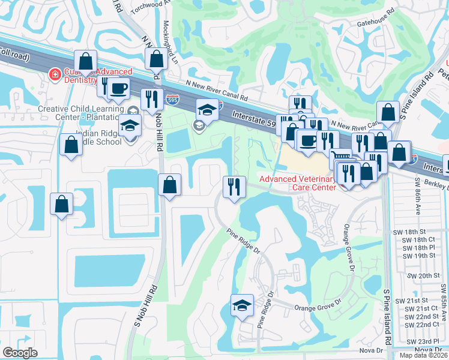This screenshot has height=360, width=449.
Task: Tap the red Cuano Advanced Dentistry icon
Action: [55, 74]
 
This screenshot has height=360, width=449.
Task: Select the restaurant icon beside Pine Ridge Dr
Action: [233, 186]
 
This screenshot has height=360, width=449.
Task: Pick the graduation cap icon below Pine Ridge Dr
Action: [242, 306]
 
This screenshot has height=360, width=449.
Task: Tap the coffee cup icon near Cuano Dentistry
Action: [118, 88]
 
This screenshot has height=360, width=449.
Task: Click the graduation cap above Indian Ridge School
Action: [129, 126]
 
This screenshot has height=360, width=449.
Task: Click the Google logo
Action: [20, 353]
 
